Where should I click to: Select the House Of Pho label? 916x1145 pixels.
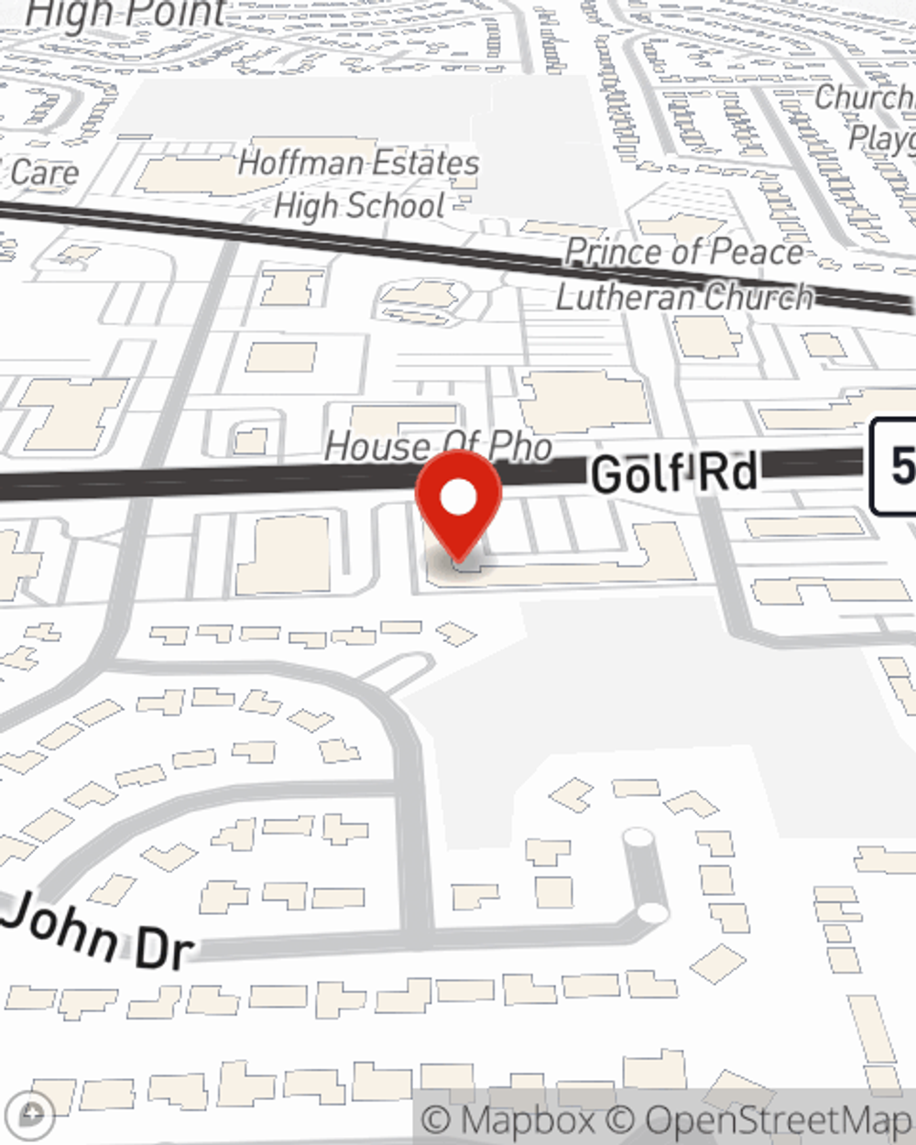438,446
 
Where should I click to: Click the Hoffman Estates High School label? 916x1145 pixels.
358,184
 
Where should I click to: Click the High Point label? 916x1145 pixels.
126,13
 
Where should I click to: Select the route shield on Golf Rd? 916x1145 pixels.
893,466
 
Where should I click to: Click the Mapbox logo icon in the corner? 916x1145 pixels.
33,1115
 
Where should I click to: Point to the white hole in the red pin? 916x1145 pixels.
459,497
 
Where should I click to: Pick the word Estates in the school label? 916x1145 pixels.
422,164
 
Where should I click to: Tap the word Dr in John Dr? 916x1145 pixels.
165,949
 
